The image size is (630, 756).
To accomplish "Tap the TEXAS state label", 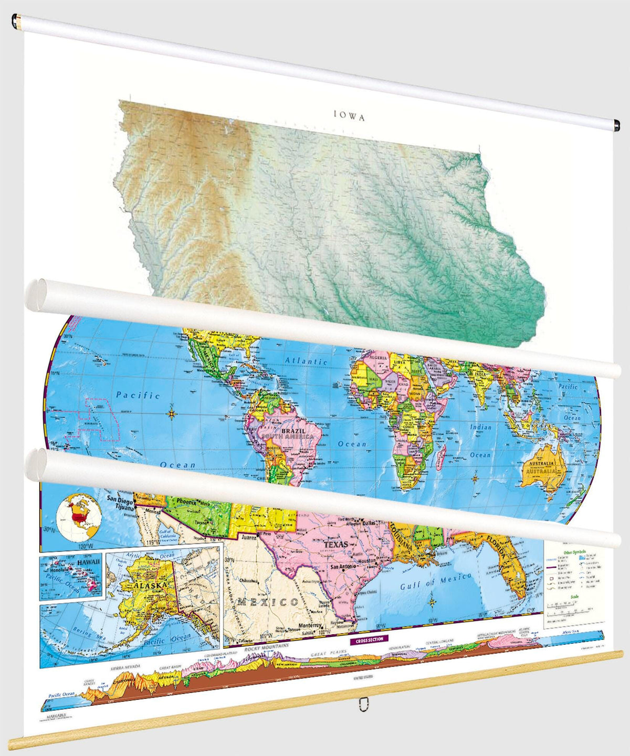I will tap(335, 545).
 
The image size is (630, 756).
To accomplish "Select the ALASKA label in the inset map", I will tap(150, 584).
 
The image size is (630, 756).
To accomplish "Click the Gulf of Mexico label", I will tap(436, 581).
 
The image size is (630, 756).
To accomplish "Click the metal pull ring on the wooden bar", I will tap(362, 704).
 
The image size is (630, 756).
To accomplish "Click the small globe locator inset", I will tap(78, 517).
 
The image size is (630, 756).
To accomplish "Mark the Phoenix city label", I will tap(184, 502).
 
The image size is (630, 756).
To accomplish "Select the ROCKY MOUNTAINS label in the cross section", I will tap(267, 647).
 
